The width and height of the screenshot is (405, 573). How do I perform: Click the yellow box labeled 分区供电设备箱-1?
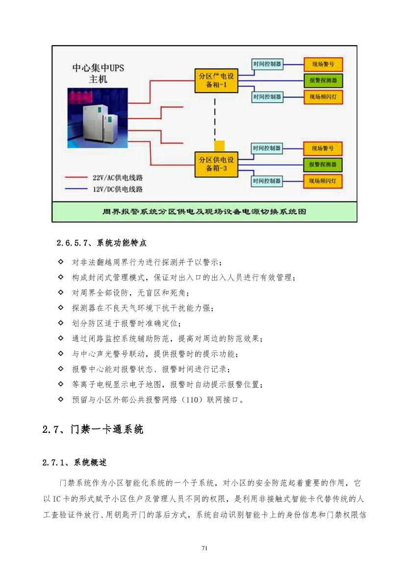coord(216,80)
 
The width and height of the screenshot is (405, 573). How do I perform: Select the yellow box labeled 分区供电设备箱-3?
coord(216,164)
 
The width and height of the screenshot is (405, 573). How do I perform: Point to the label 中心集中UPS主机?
coord(98,73)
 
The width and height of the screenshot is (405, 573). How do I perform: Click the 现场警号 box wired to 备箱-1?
coord(323,64)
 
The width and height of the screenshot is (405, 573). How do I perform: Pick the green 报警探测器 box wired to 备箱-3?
coord(323,164)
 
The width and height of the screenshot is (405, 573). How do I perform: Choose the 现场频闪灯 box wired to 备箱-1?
coord(323,97)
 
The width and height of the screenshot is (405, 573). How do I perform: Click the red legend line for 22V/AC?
coord(76,177)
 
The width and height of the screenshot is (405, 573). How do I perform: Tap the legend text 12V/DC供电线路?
coord(117,189)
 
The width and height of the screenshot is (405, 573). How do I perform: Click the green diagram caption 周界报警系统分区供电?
coord(204,212)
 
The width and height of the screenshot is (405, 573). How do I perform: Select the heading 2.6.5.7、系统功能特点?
coord(101,243)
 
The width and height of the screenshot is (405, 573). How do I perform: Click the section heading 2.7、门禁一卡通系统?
coord(93,429)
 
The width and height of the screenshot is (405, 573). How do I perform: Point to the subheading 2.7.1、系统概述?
coord(75,463)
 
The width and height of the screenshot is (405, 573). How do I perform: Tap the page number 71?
coord(204,548)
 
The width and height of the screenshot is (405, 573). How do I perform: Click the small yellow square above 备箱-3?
coord(219,146)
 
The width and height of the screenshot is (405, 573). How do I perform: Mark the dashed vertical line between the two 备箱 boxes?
coord(215,120)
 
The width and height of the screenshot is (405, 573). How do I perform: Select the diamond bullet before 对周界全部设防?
coord(61,292)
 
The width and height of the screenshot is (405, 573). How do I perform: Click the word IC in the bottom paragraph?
coord(56,499)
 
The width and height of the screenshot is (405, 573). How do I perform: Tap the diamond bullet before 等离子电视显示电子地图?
coord(61,384)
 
